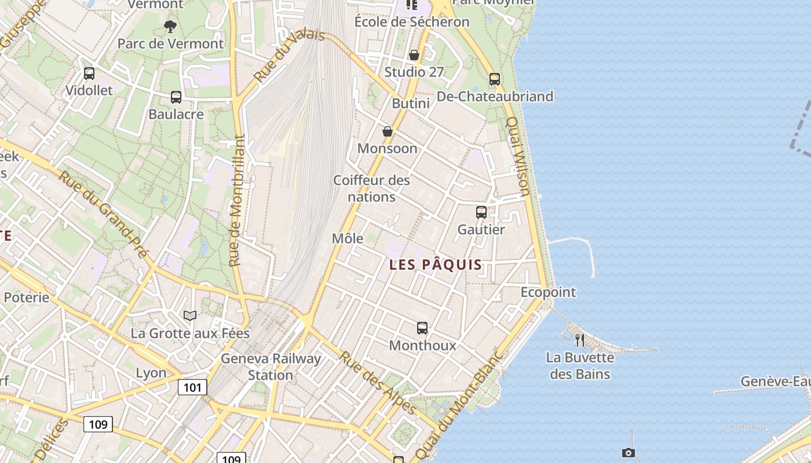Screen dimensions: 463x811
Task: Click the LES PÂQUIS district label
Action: pos(436,264)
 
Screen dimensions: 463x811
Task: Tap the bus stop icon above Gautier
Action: pos(481,212)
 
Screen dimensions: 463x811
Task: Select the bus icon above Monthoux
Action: pos(422,328)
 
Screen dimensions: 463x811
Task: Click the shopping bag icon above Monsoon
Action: pos(388,132)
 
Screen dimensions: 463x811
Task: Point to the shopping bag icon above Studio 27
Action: pos(414,56)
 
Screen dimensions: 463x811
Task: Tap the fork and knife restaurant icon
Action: pos(579,340)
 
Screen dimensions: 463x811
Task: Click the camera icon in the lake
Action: pos(628,453)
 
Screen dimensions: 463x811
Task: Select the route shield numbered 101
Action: pos(192,387)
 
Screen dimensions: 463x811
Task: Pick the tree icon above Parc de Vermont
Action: pos(170,26)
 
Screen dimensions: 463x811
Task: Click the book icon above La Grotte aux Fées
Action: pos(190,315)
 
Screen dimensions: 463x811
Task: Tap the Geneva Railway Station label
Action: pos(271,367)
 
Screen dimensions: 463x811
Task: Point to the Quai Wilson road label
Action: pos(518,156)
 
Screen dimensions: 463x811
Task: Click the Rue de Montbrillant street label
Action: pos(236,201)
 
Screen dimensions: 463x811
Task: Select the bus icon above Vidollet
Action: pos(89,74)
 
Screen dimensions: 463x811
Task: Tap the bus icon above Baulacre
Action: pos(176,97)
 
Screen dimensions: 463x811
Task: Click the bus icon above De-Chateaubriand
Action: pos(494,79)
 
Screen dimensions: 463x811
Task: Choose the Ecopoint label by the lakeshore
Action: pos(548,292)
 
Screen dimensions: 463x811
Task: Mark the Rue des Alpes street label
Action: pos(377,383)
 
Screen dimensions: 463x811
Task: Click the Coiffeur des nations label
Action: pos(371,189)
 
